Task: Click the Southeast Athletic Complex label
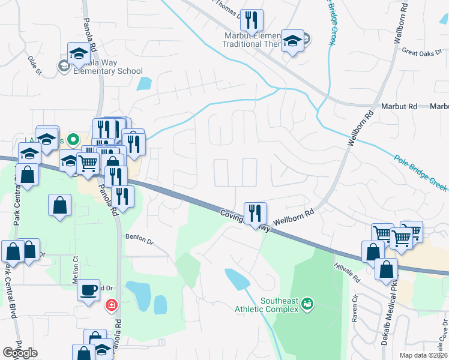(279, 305)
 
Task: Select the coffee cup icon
(89, 290)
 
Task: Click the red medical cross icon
(111, 306)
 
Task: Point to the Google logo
(20, 353)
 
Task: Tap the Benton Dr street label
(139, 238)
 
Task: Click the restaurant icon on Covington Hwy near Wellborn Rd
(255, 213)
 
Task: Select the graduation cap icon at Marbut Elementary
(292, 41)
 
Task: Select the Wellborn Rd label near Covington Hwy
(294, 217)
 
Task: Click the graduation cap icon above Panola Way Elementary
(79, 53)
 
